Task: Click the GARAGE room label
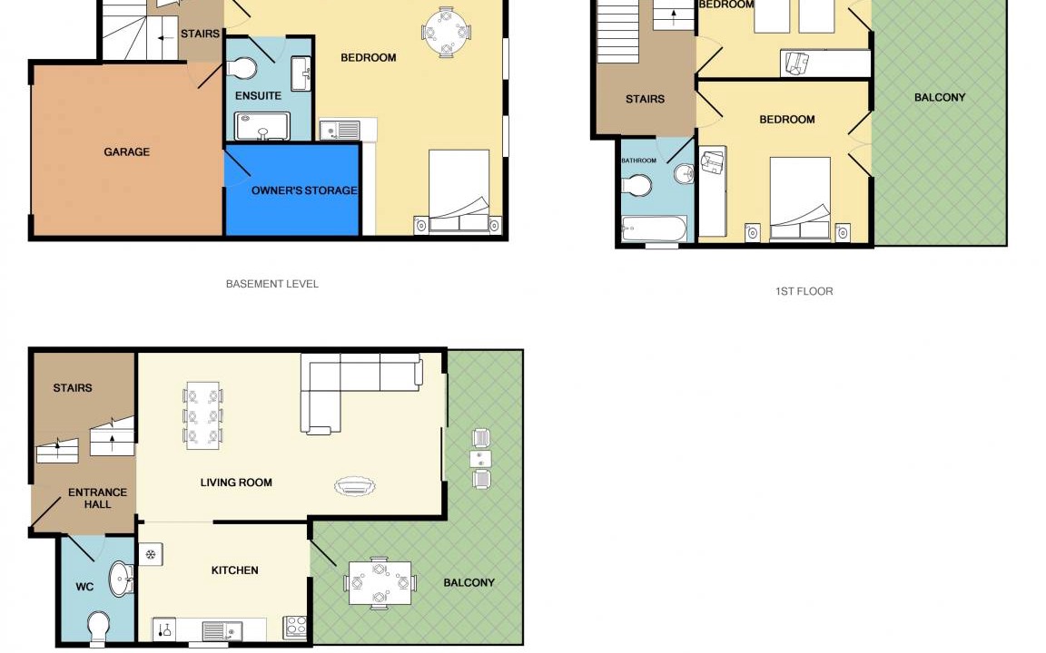127,152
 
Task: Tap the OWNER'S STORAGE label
304,190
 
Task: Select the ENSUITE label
258,96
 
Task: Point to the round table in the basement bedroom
447,32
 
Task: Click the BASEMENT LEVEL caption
272,284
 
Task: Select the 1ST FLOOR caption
804,291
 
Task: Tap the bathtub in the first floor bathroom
654,229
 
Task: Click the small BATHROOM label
638,161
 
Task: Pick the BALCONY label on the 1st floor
940,97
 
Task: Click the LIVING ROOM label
236,482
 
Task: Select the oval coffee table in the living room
355,486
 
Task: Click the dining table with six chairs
202,415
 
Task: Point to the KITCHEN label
235,570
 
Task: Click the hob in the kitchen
295,627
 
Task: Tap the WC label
84,587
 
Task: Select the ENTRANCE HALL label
97,499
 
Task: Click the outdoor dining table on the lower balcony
380,583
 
